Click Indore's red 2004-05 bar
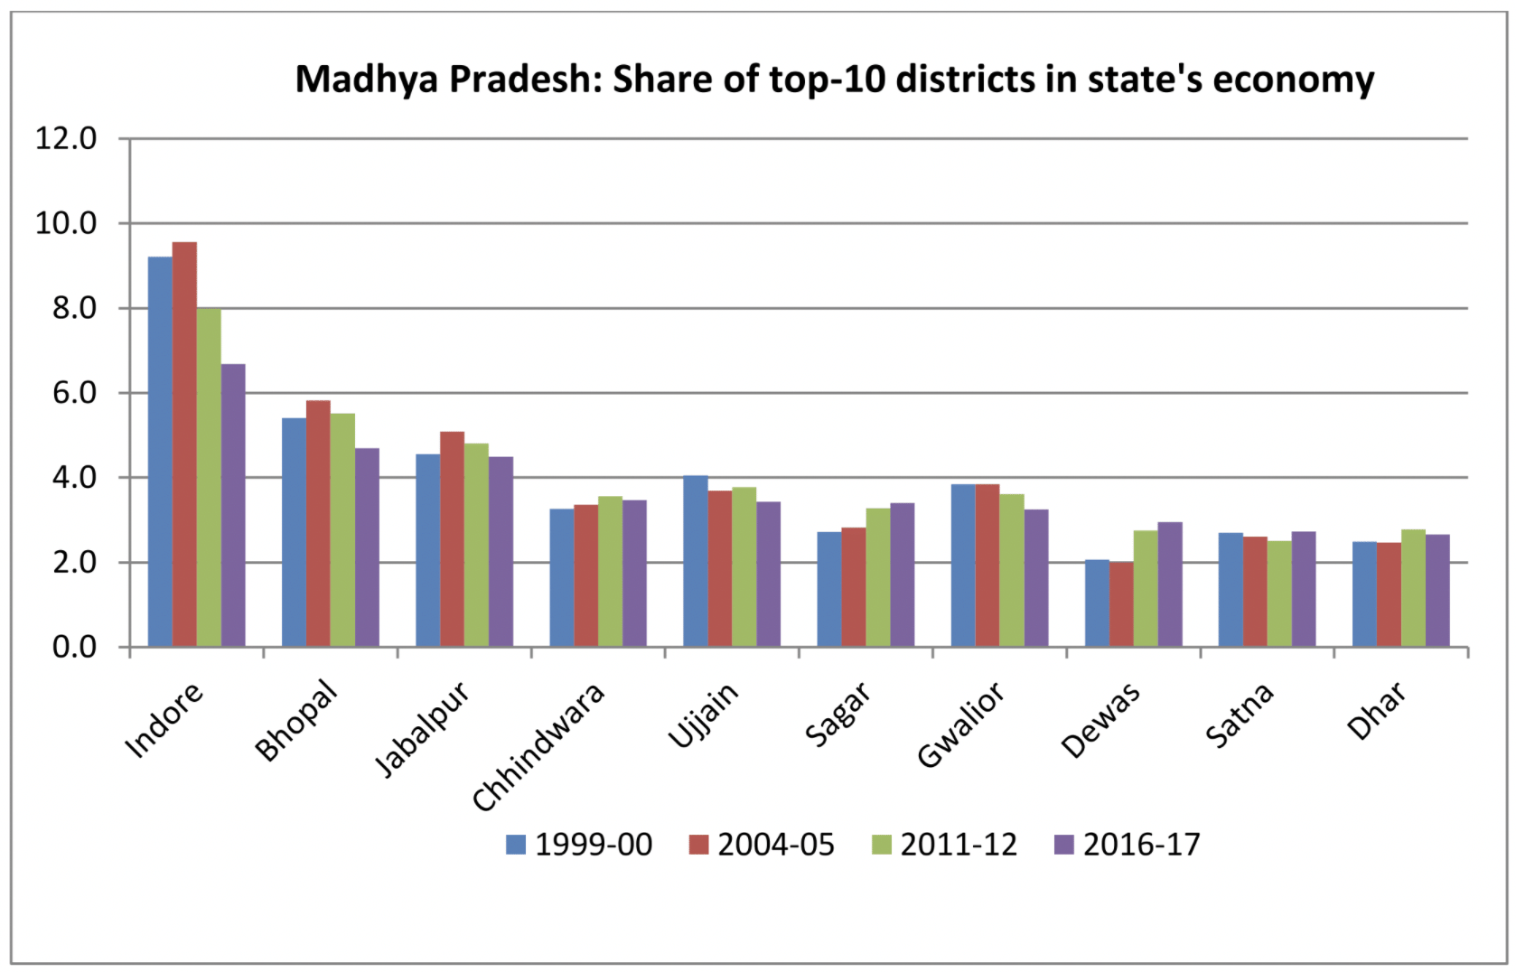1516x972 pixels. [184, 444]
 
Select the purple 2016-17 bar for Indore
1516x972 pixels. [233, 506]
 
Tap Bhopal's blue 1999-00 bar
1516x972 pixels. [294, 532]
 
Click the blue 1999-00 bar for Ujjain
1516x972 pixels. [695, 561]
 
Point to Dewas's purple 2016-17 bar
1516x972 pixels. [1170, 584]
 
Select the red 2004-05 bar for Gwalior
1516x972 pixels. [987, 565]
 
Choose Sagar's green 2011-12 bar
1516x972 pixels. [877, 577]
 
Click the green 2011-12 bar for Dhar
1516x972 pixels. [1413, 588]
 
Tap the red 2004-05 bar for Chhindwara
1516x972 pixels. [585, 575]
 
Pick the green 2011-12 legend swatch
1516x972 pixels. [881, 845]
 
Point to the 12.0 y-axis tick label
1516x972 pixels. [65, 138]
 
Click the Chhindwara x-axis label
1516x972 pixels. [538, 748]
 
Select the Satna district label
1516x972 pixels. [1240, 715]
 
